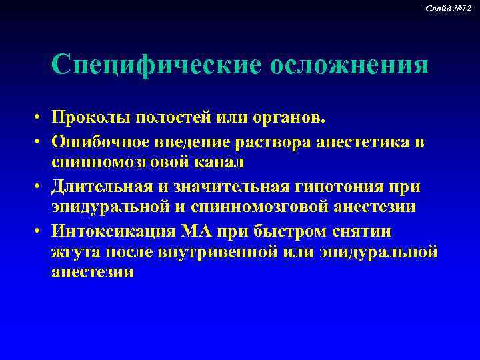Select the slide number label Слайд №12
click(453, 7)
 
